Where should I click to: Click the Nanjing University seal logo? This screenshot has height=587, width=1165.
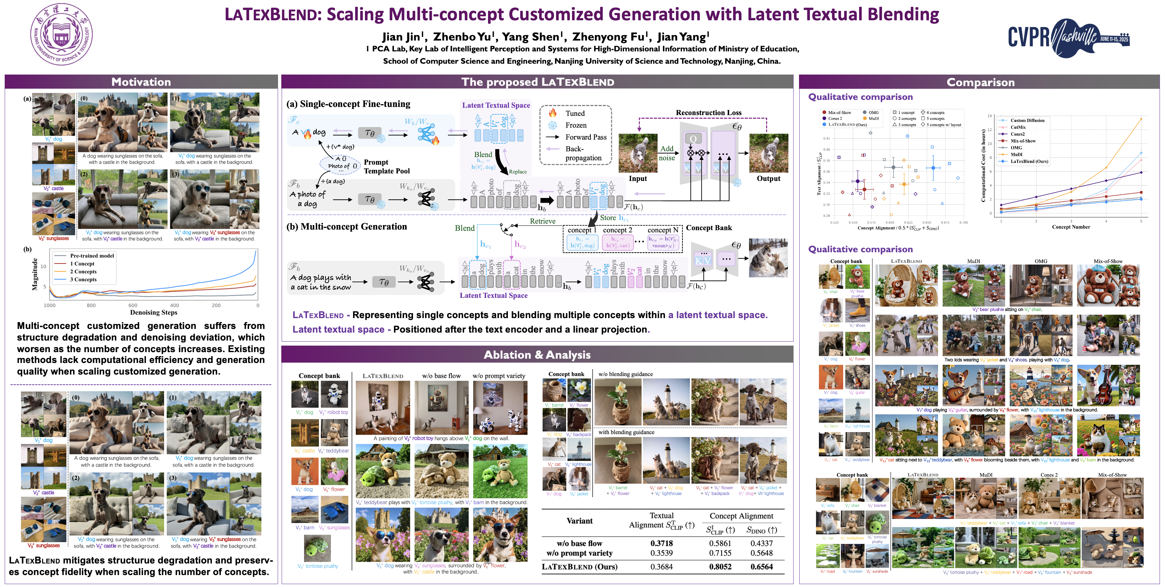click(62, 34)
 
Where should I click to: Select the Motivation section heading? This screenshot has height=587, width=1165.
click(141, 82)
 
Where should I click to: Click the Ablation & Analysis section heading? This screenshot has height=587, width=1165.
click(537, 355)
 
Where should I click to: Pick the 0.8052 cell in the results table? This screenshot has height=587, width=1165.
click(720, 567)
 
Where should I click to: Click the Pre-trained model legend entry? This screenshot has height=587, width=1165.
click(92, 256)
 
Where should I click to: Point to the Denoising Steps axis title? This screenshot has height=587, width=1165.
click(154, 312)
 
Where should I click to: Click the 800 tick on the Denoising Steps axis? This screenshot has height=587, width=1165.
click(91, 305)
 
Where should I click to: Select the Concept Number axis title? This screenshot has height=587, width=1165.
click(1071, 227)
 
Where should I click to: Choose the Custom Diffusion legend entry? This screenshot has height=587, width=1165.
click(1027, 120)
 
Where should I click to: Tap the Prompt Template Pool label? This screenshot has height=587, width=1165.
click(387, 166)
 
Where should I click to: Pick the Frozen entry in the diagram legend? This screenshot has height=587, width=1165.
click(575, 125)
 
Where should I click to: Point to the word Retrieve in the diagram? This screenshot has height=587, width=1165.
click(542, 221)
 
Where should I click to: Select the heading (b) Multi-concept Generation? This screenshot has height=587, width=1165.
click(346, 227)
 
